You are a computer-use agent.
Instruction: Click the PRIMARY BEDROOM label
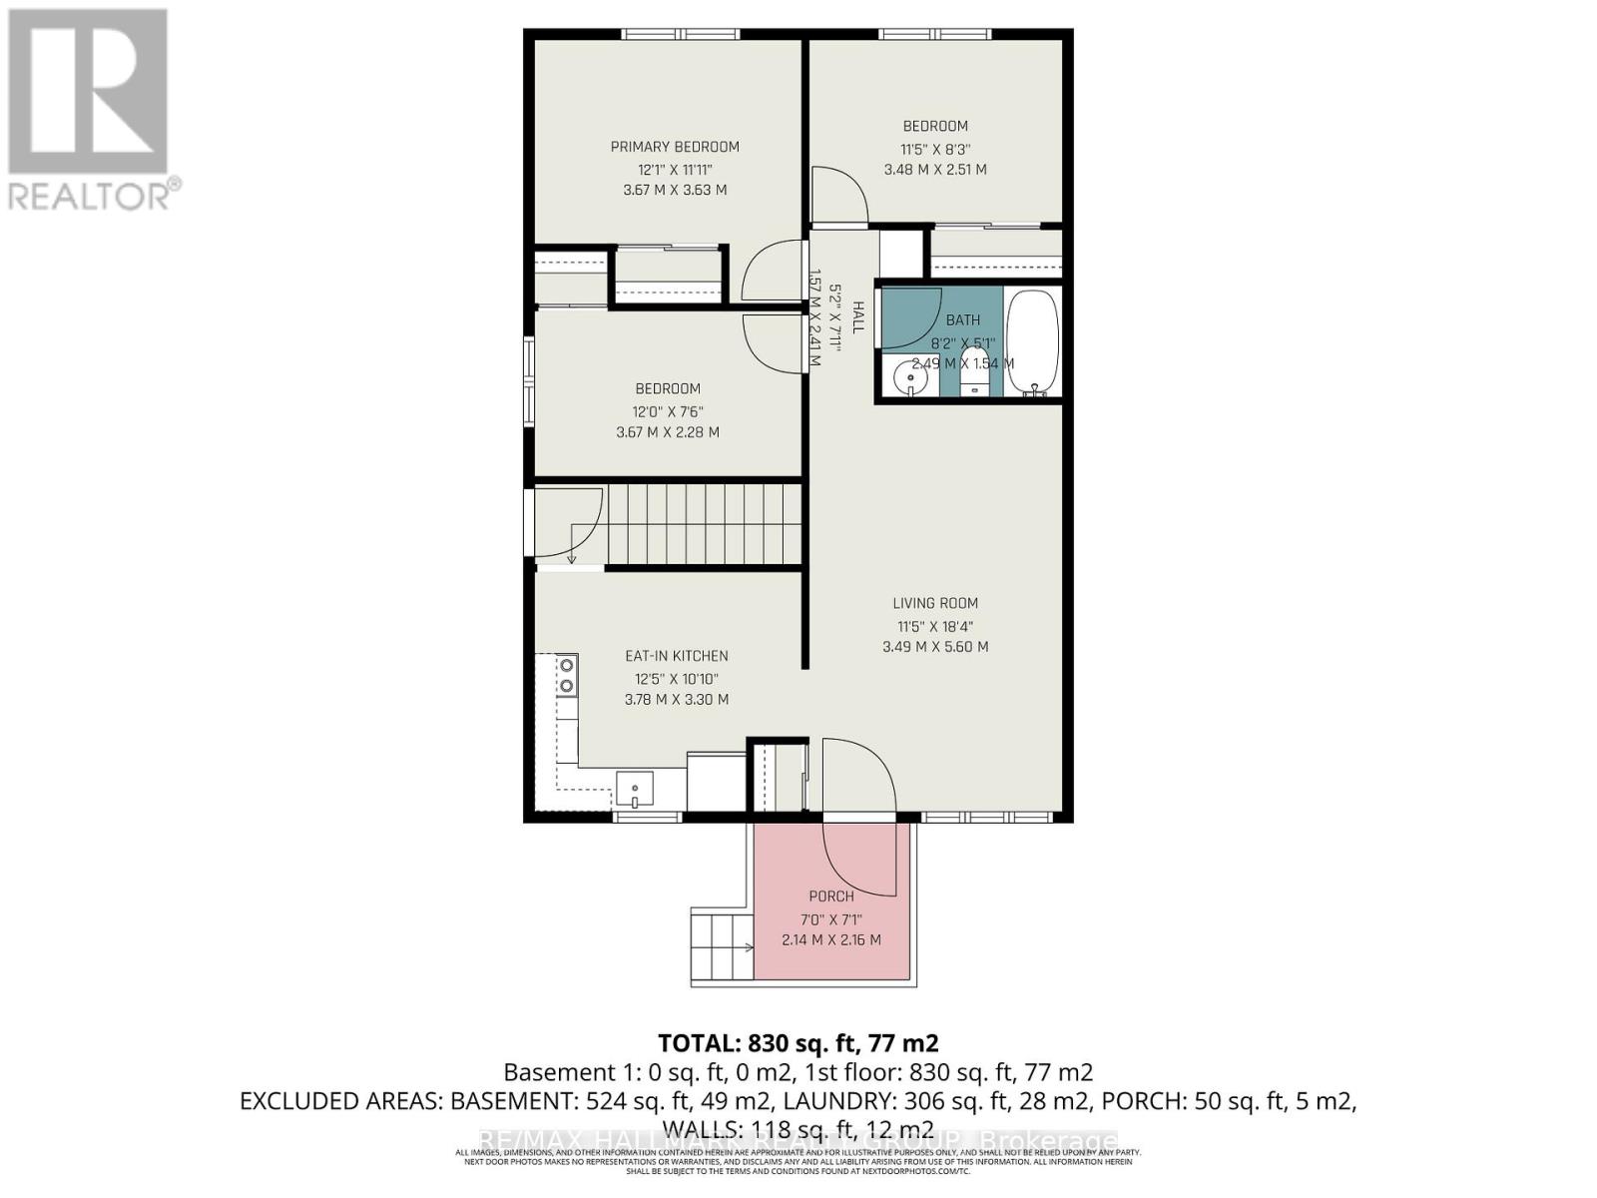tap(675, 147)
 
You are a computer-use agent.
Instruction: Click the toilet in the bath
tap(975, 374)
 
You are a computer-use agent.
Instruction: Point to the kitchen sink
tap(634, 789)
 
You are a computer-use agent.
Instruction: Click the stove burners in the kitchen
tap(566, 674)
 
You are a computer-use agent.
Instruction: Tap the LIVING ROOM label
tap(935, 603)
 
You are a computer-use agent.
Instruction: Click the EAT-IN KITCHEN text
tap(676, 656)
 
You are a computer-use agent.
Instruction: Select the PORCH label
tap(831, 897)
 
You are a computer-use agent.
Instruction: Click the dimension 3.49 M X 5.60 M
tap(935, 647)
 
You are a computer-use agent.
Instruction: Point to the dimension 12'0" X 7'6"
tap(668, 411)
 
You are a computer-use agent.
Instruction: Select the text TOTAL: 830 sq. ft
tap(798, 1043)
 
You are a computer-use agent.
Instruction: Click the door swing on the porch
tap(858, 859)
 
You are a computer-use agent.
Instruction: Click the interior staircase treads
tap(704, 523)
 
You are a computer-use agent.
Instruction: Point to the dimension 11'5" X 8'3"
tap(935, 149)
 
